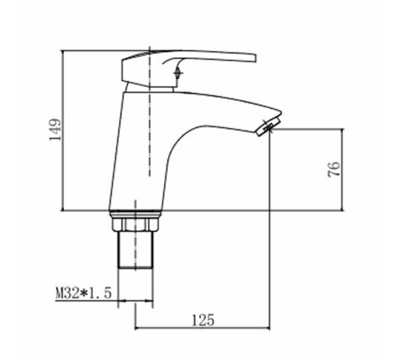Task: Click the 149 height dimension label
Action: pos(55,130)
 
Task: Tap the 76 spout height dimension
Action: pos(334,169)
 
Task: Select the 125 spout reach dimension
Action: pos(203,320)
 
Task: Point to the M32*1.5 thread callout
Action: pos(83,293)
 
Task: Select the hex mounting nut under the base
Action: pos(135,224)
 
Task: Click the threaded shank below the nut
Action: pos(136,250)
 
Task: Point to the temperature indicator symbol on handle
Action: pos(178,72)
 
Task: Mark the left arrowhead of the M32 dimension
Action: pos(122,301)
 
